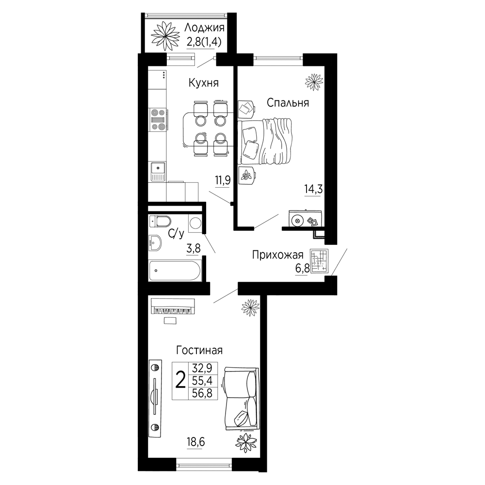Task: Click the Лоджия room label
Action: (204, 28)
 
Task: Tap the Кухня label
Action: (204, 83)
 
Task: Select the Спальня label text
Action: (288, 103)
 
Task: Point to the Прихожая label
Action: (278, 255)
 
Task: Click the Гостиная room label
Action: (199, 351)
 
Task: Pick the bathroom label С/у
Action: (176, 233)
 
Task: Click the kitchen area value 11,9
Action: (223, 179)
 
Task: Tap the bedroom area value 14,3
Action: (314, 189)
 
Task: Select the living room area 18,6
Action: (196, 442)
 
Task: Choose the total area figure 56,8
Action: (203, 393)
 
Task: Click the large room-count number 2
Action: (180, 380)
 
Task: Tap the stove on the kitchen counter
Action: (158, 119)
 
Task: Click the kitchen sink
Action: (158, 172)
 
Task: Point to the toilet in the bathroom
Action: (160, 222)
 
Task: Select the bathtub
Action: (175, 271)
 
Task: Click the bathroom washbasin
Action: (155, 243)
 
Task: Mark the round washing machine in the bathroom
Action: (195, 223)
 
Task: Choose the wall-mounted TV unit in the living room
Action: (155, 398)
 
